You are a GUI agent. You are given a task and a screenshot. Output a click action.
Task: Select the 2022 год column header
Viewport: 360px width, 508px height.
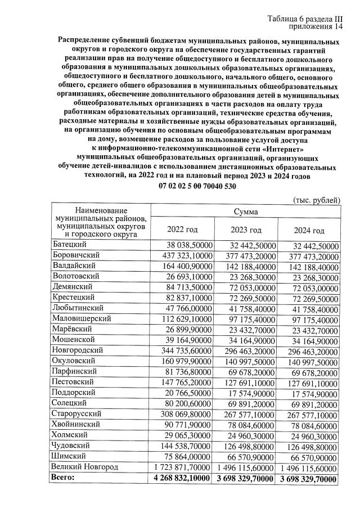(x=183, y=230)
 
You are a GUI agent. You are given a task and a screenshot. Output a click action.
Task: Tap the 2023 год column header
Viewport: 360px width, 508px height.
(x=246, y=230)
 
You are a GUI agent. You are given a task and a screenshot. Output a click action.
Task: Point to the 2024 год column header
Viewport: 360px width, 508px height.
(x=309, y=231)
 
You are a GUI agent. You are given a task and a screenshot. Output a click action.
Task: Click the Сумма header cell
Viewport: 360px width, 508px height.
(x=246, y=212)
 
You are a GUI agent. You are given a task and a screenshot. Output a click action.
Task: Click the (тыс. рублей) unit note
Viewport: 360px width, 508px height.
(x=317, y=200)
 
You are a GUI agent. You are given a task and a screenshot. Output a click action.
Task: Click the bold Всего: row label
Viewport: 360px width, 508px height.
(x=62, y=478)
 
